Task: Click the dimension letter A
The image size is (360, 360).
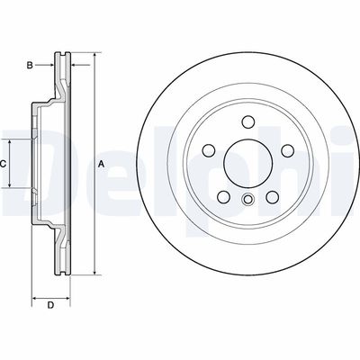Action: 102,164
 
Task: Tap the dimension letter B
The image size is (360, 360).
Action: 31,66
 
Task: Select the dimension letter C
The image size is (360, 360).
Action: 4,164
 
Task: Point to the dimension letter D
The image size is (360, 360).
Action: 51,306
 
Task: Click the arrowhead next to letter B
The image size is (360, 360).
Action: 52,66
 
